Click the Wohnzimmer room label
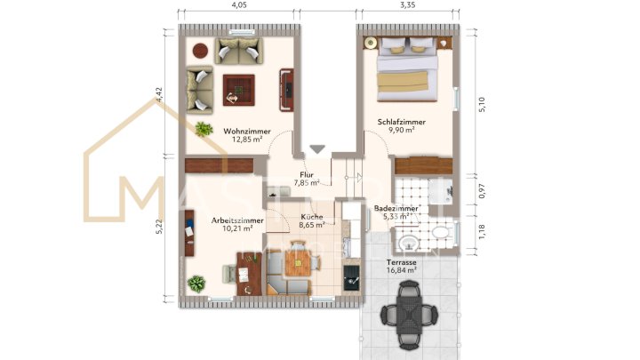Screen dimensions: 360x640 click(x=246, y=130)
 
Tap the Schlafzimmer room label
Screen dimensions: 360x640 click(x=401, y=121)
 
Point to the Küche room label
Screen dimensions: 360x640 click(x=312, y=217)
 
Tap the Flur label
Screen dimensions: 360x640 click(x=307, y=175)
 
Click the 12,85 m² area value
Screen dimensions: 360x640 click(x=246, y=140)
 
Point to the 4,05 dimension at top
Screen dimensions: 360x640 click(x=239, y=5)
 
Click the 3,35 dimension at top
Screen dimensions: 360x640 click(x=408, y=5)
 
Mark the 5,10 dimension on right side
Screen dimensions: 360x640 click(x=483, y=104)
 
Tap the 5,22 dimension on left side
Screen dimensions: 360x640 click(x=159, y=228)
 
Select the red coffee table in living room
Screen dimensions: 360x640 click(x=238, y=88)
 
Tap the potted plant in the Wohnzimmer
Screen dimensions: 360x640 click(x=204, y=130)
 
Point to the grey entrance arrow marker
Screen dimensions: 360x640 click(x=317, y=149)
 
